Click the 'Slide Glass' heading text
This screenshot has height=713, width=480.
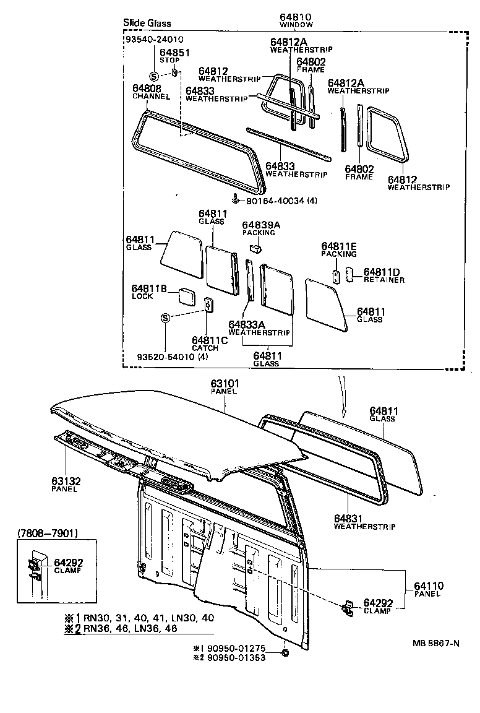147,23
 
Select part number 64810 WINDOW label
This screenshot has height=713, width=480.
295,20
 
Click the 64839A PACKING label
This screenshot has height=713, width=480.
260,228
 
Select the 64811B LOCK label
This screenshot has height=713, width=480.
148,292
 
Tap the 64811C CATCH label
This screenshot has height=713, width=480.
210,344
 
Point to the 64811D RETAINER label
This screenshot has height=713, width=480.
384,275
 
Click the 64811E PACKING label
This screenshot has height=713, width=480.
338,249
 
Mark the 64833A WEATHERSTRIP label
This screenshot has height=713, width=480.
259,328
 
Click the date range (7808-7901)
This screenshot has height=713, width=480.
47,532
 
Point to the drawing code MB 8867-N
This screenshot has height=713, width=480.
436,642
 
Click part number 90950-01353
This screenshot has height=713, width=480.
234,657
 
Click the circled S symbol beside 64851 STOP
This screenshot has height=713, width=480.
154,76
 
